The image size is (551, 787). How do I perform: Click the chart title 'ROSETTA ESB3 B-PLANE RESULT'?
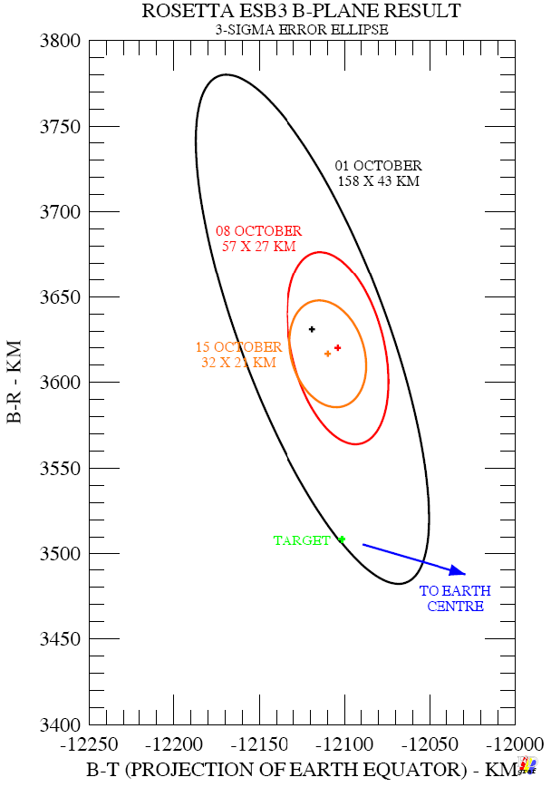point(301,11)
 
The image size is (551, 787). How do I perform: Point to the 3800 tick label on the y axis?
point(60,42)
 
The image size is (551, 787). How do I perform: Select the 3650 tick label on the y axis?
point(60,298)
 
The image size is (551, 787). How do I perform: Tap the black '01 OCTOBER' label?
point(378,166)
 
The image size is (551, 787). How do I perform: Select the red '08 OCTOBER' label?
point(258,231)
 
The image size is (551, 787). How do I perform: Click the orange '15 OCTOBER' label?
point(238,347)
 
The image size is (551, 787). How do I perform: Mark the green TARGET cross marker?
point(342,539)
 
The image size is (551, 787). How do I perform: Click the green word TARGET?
point(302,541)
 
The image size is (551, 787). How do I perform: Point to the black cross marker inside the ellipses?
point(312,329)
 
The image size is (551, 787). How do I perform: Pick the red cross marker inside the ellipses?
point(337,347)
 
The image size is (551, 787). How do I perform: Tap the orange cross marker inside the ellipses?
point(327,353)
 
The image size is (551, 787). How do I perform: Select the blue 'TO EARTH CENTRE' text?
point(455,598)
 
